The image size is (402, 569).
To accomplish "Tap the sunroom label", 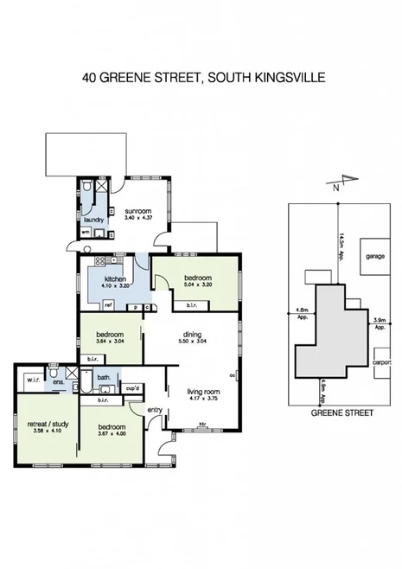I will (137, 209).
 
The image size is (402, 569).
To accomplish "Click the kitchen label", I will (116, 278).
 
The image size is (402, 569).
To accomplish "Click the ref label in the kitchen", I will (108, 305).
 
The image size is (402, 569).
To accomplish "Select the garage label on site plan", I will (373, 257).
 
